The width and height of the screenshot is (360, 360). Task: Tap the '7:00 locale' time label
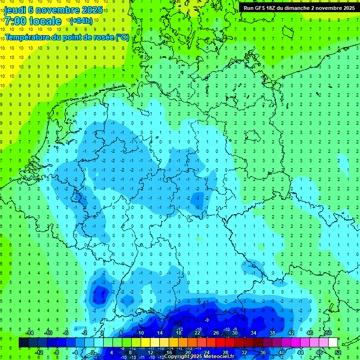click(33, 21)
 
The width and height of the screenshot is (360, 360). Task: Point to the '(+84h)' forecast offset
click(81, 21)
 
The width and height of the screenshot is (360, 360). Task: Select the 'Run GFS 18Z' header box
click(299, 8)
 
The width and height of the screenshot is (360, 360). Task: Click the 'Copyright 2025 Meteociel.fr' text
click(199, 356)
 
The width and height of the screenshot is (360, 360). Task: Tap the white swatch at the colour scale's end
click(333, 343)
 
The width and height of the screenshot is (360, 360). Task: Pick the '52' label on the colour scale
click(338, 352)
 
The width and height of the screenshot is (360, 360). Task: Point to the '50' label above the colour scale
click(328, 333)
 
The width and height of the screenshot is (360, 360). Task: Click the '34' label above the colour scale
click(254, 333)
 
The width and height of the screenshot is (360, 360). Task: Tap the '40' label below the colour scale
click(281, 352)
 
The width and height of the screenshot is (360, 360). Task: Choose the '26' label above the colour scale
click(216, 333)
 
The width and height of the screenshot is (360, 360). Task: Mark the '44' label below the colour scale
click(300, 352)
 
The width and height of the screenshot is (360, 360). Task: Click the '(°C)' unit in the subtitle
click(122, 37)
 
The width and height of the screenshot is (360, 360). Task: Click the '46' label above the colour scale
click(309, 333)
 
